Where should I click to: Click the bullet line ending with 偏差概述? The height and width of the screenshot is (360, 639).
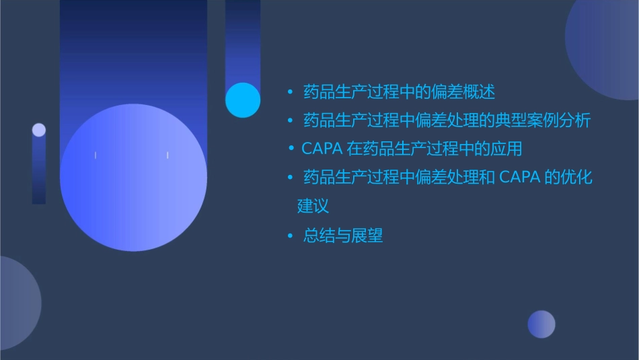(x=399, y=91)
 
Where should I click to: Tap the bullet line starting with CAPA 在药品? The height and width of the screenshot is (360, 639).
(x=412, y=148)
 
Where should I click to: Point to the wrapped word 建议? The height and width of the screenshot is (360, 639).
(x=313, y=206)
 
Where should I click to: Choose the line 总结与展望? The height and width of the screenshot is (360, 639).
(x=343, y=236)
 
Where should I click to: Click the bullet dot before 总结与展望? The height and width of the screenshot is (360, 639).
(x=290, y=236)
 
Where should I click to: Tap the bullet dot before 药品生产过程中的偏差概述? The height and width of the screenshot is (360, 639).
(x=290, y=91)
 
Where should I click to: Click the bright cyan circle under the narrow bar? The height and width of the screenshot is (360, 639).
(x=243, y=100)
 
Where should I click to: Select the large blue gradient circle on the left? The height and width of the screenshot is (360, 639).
(x=133, y=178)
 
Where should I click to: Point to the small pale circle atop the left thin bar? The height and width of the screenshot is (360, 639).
(x=39, y=130)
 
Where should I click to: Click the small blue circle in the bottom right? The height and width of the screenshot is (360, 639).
(x=541, y=324)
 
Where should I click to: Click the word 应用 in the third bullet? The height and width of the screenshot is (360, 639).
(x=506, y=148)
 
